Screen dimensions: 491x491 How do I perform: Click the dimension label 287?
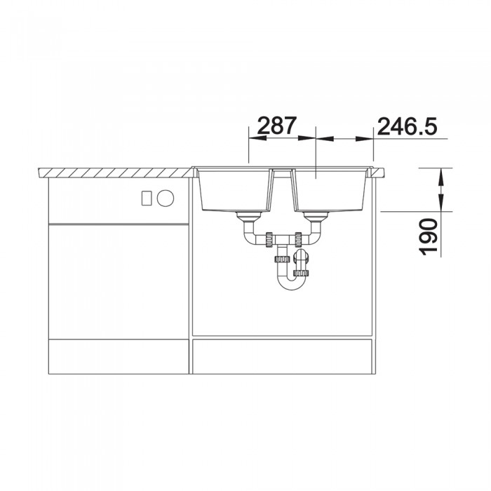coord(276,126)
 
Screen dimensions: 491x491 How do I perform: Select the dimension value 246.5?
coord(407,126)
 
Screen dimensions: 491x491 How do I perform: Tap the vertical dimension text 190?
coord(428,237)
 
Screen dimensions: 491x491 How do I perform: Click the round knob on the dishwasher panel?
coord(166,198)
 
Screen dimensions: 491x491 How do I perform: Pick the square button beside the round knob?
coord(147,199)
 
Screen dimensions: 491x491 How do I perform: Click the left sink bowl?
coord(234,191)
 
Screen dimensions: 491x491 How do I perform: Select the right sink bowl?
coord(330,191)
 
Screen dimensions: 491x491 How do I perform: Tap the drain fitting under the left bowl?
coord(249,217)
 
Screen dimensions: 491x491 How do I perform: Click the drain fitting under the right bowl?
coord(316,217)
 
